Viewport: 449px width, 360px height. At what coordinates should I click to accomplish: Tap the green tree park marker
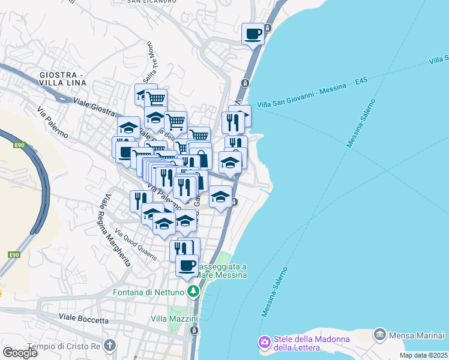pyautogui.click(x=193, y=292)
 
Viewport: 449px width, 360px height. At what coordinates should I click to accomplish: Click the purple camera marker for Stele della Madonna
pyautogui.click(x=264, y=342)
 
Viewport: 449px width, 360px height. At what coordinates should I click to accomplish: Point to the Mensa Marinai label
pyautogui.click(x=418, y=334)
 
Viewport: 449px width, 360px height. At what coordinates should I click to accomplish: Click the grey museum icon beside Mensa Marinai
pyautogui.click(x=379, y=334)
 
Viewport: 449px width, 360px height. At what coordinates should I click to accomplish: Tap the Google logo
pyautogui.click(x=20, y=352)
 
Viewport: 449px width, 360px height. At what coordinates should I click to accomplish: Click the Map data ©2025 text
pyautogui.click(x=423, y=355)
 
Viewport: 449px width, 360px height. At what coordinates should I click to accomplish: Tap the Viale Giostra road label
pyautogui.click(x=94, y=105)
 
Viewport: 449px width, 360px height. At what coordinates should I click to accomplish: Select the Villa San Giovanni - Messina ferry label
pyautogui.click(x=302, y=96)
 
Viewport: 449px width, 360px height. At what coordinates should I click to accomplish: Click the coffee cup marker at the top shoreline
pyautogui.click(x=253, y=34)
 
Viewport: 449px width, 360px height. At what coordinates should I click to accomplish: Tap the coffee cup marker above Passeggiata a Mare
pyautogui.click(x=187, y=265)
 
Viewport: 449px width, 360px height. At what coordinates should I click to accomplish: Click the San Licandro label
pyautogui.click(x=152, y=2)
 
